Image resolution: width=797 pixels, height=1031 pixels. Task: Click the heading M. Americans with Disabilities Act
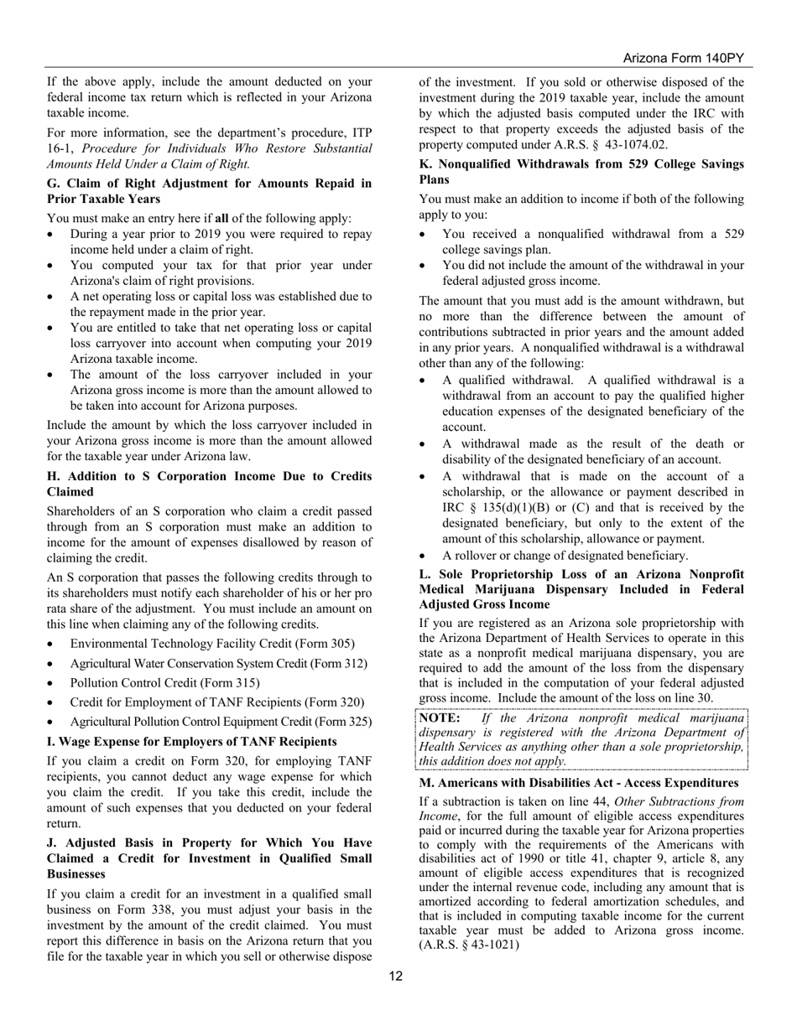coord(578,782)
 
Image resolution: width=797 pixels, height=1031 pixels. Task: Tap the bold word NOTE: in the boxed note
coord(439,718)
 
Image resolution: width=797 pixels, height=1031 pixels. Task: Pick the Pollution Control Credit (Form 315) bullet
coord(164,682)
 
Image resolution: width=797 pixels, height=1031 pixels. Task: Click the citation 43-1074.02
coord(625,145)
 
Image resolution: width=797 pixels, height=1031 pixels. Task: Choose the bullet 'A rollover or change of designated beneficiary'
coord(565,555)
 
